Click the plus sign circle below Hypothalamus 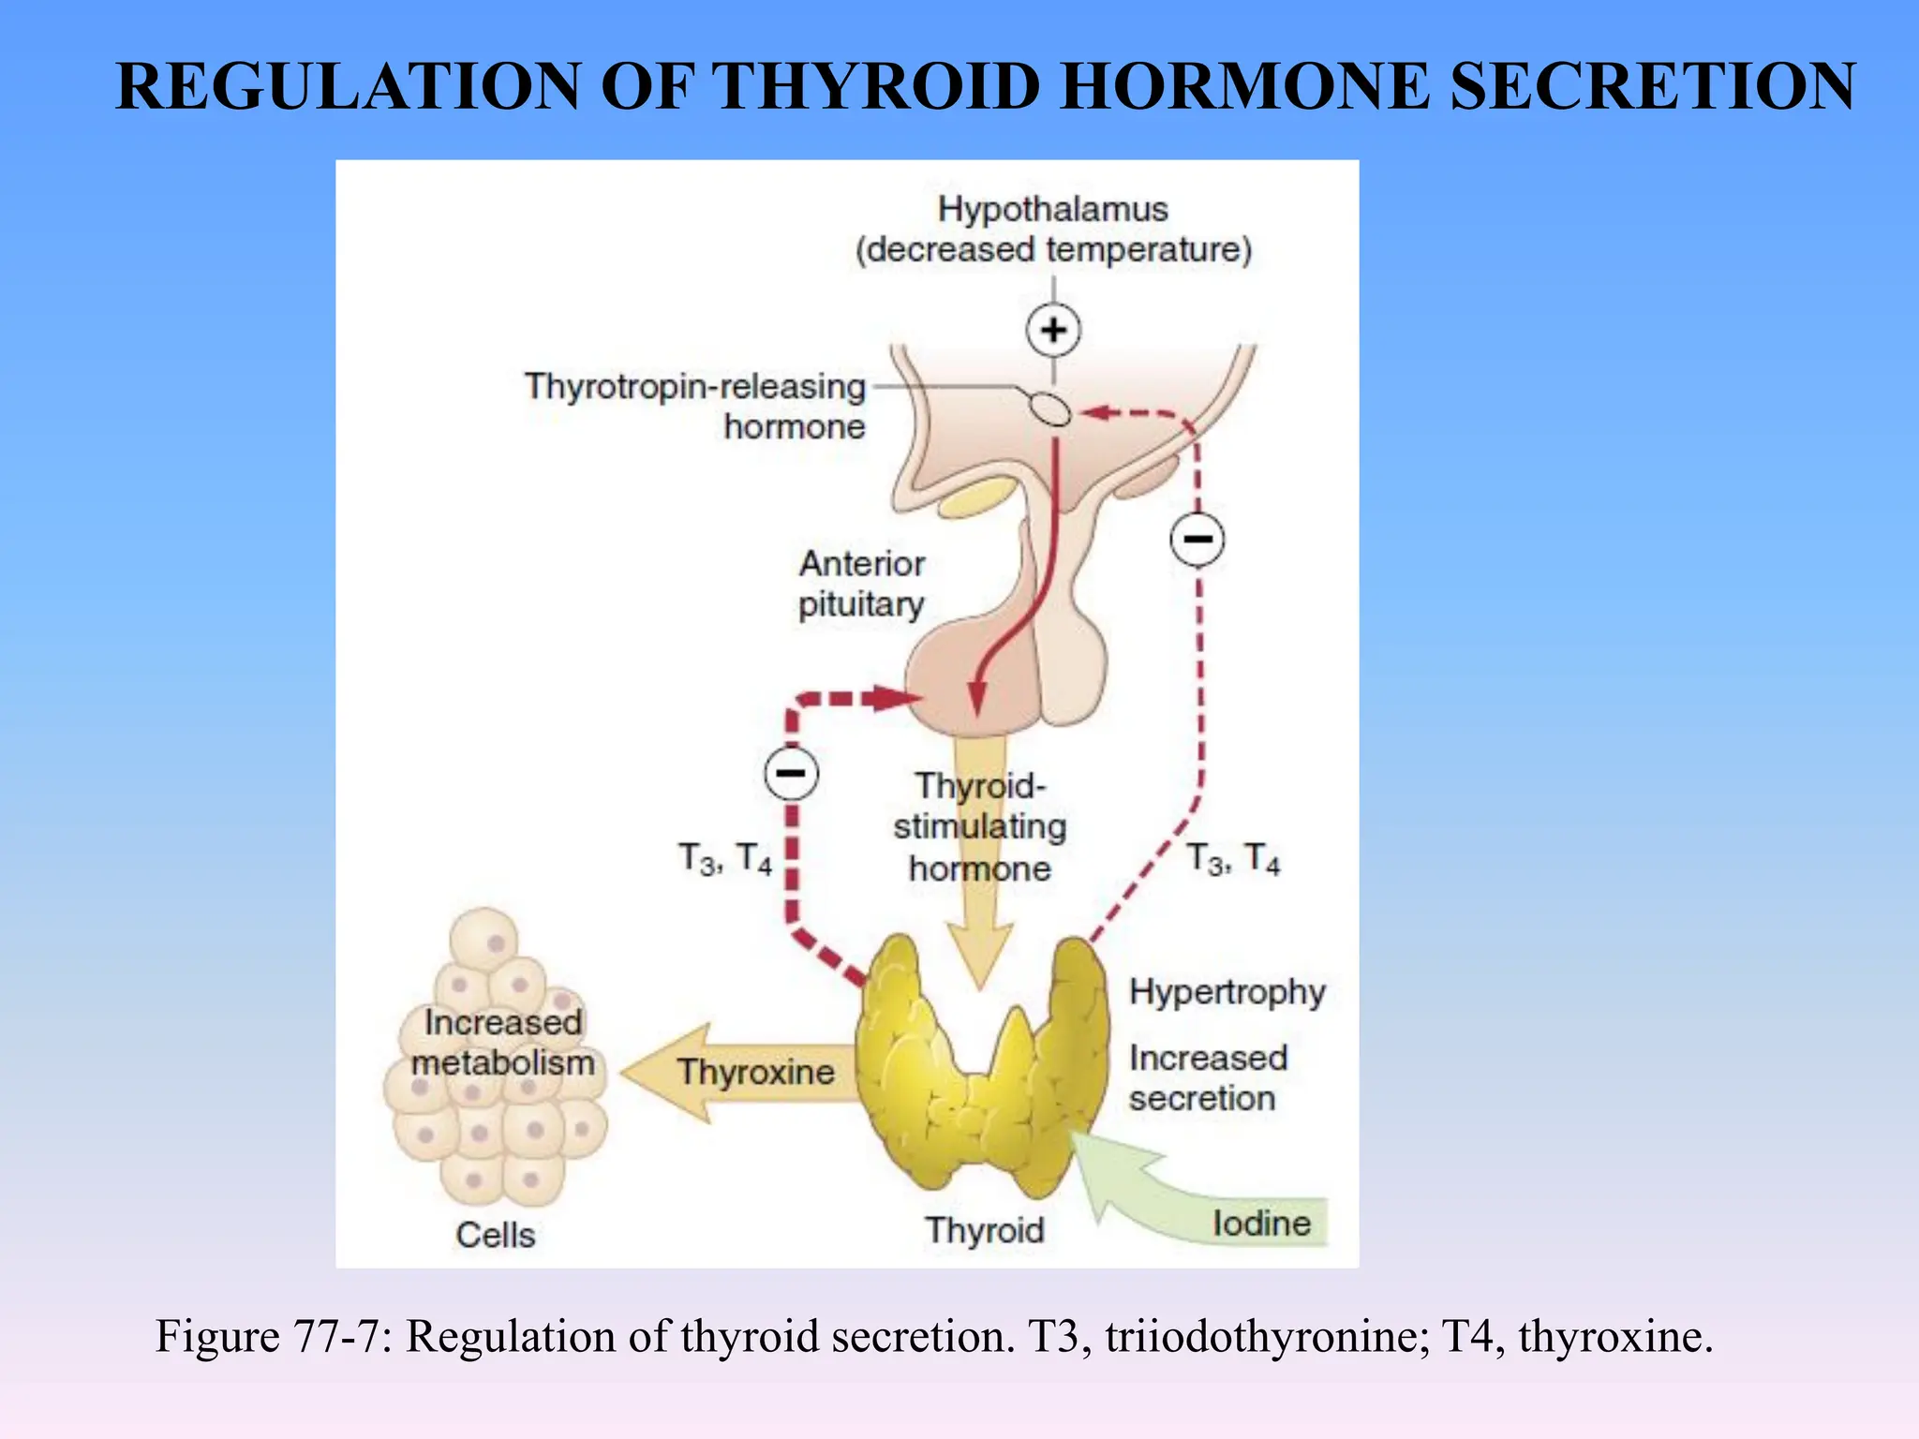click(x=1053, y=330)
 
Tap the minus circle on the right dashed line click(x=1197, y=539)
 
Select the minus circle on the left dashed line click(x=791, y=773)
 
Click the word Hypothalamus click(x=1052, y=209)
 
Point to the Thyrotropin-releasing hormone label click(x=695, y=406)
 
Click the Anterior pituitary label click(x=861, y=584)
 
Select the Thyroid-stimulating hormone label click(x=979, y=826)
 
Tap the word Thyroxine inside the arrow click(x=755, y=1072)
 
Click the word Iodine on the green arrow click(x=1261, y=1224)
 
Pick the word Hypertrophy click(x=1227, y=991)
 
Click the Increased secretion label click(x=1207, y=1077)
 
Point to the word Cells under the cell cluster click(x=495, y=1235)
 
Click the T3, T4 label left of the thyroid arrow click(x=724, y=858)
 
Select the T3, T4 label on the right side click(x=1232, y=858)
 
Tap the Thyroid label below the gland click(x=984, y=1230)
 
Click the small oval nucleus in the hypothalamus click(x=1049, y=409)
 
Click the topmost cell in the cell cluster click(x=483, y=940)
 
